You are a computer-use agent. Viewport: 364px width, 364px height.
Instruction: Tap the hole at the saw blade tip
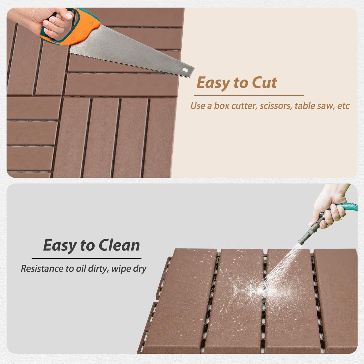coord(185,70)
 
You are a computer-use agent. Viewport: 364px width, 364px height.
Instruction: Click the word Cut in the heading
coord(264,83)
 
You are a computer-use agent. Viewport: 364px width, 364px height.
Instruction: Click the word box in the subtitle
coord(221,106)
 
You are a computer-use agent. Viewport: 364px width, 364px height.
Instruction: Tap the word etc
coord(343,106)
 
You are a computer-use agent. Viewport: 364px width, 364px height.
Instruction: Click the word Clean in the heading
coord(119,245)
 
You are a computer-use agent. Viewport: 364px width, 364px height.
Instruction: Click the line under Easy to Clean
coord(86,258)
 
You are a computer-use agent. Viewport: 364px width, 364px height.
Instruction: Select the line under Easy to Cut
coord(249,95)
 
